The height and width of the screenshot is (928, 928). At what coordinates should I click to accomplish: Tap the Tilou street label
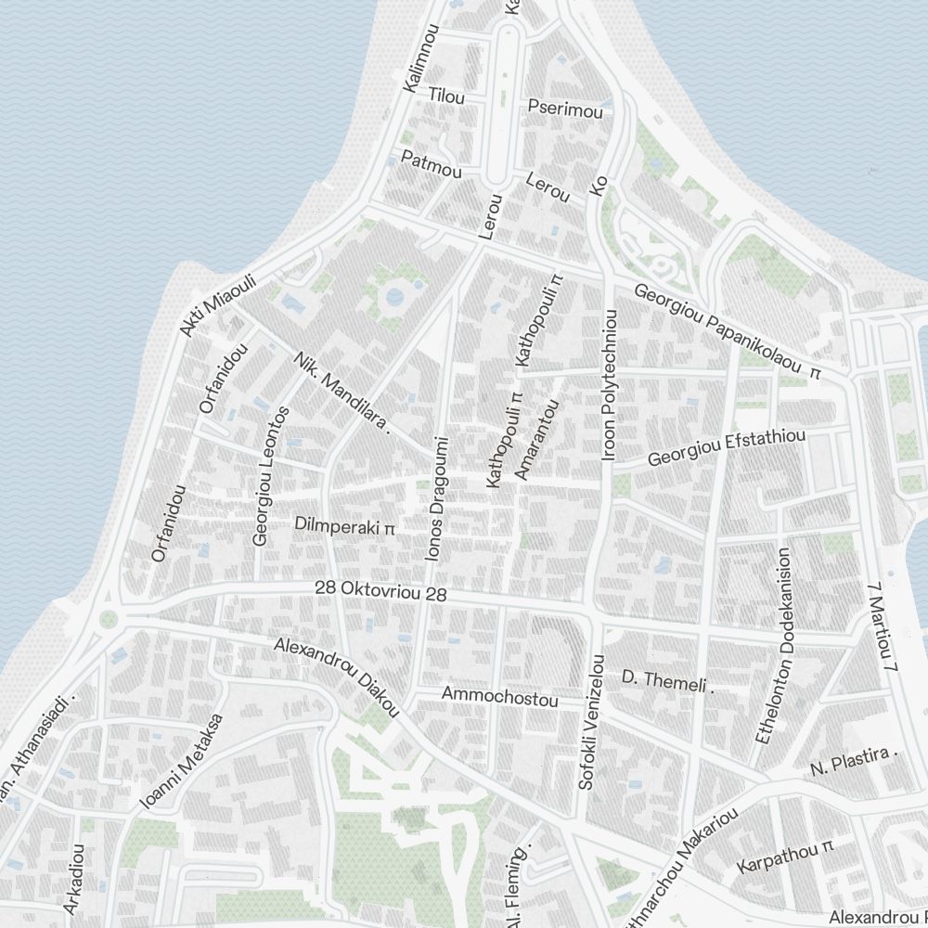(x=446, y=97)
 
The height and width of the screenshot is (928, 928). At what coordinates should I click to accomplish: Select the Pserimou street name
(x=565, y=110)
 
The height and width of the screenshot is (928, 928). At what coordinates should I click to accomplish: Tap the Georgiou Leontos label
(x=272, y=475)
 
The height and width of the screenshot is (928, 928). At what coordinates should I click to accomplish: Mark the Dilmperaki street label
(x=344, y=526)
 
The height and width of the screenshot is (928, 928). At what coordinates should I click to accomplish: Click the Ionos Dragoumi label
(x=436, y=498)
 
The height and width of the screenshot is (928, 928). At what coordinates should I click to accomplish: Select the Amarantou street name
(x=537, y=441)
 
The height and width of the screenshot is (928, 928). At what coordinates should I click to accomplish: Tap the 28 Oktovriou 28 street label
(x=380, y=589)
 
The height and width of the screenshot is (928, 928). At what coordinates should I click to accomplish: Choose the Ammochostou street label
(x=499, y=697)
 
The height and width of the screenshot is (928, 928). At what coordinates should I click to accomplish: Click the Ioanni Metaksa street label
(x=181, y=763)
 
